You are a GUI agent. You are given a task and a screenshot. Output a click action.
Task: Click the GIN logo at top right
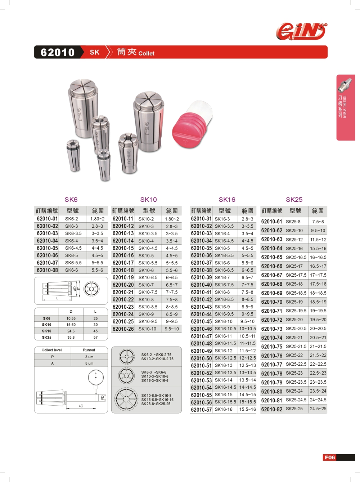click(302, 31)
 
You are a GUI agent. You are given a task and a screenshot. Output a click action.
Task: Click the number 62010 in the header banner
click(58, 53)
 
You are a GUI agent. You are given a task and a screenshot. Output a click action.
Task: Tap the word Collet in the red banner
click(146, 53)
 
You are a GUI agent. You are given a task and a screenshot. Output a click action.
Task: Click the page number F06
click(330, 458)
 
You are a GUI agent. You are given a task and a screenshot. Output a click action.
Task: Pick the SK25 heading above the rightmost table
click(294, 199)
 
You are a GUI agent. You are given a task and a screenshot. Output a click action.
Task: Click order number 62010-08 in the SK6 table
click(47, 270)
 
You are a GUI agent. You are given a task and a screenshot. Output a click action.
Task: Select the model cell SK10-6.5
click(148, 277)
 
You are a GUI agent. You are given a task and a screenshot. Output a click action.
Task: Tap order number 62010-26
click(123, 329)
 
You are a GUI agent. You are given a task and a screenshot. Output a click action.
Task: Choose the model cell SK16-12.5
click(225, 358)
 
